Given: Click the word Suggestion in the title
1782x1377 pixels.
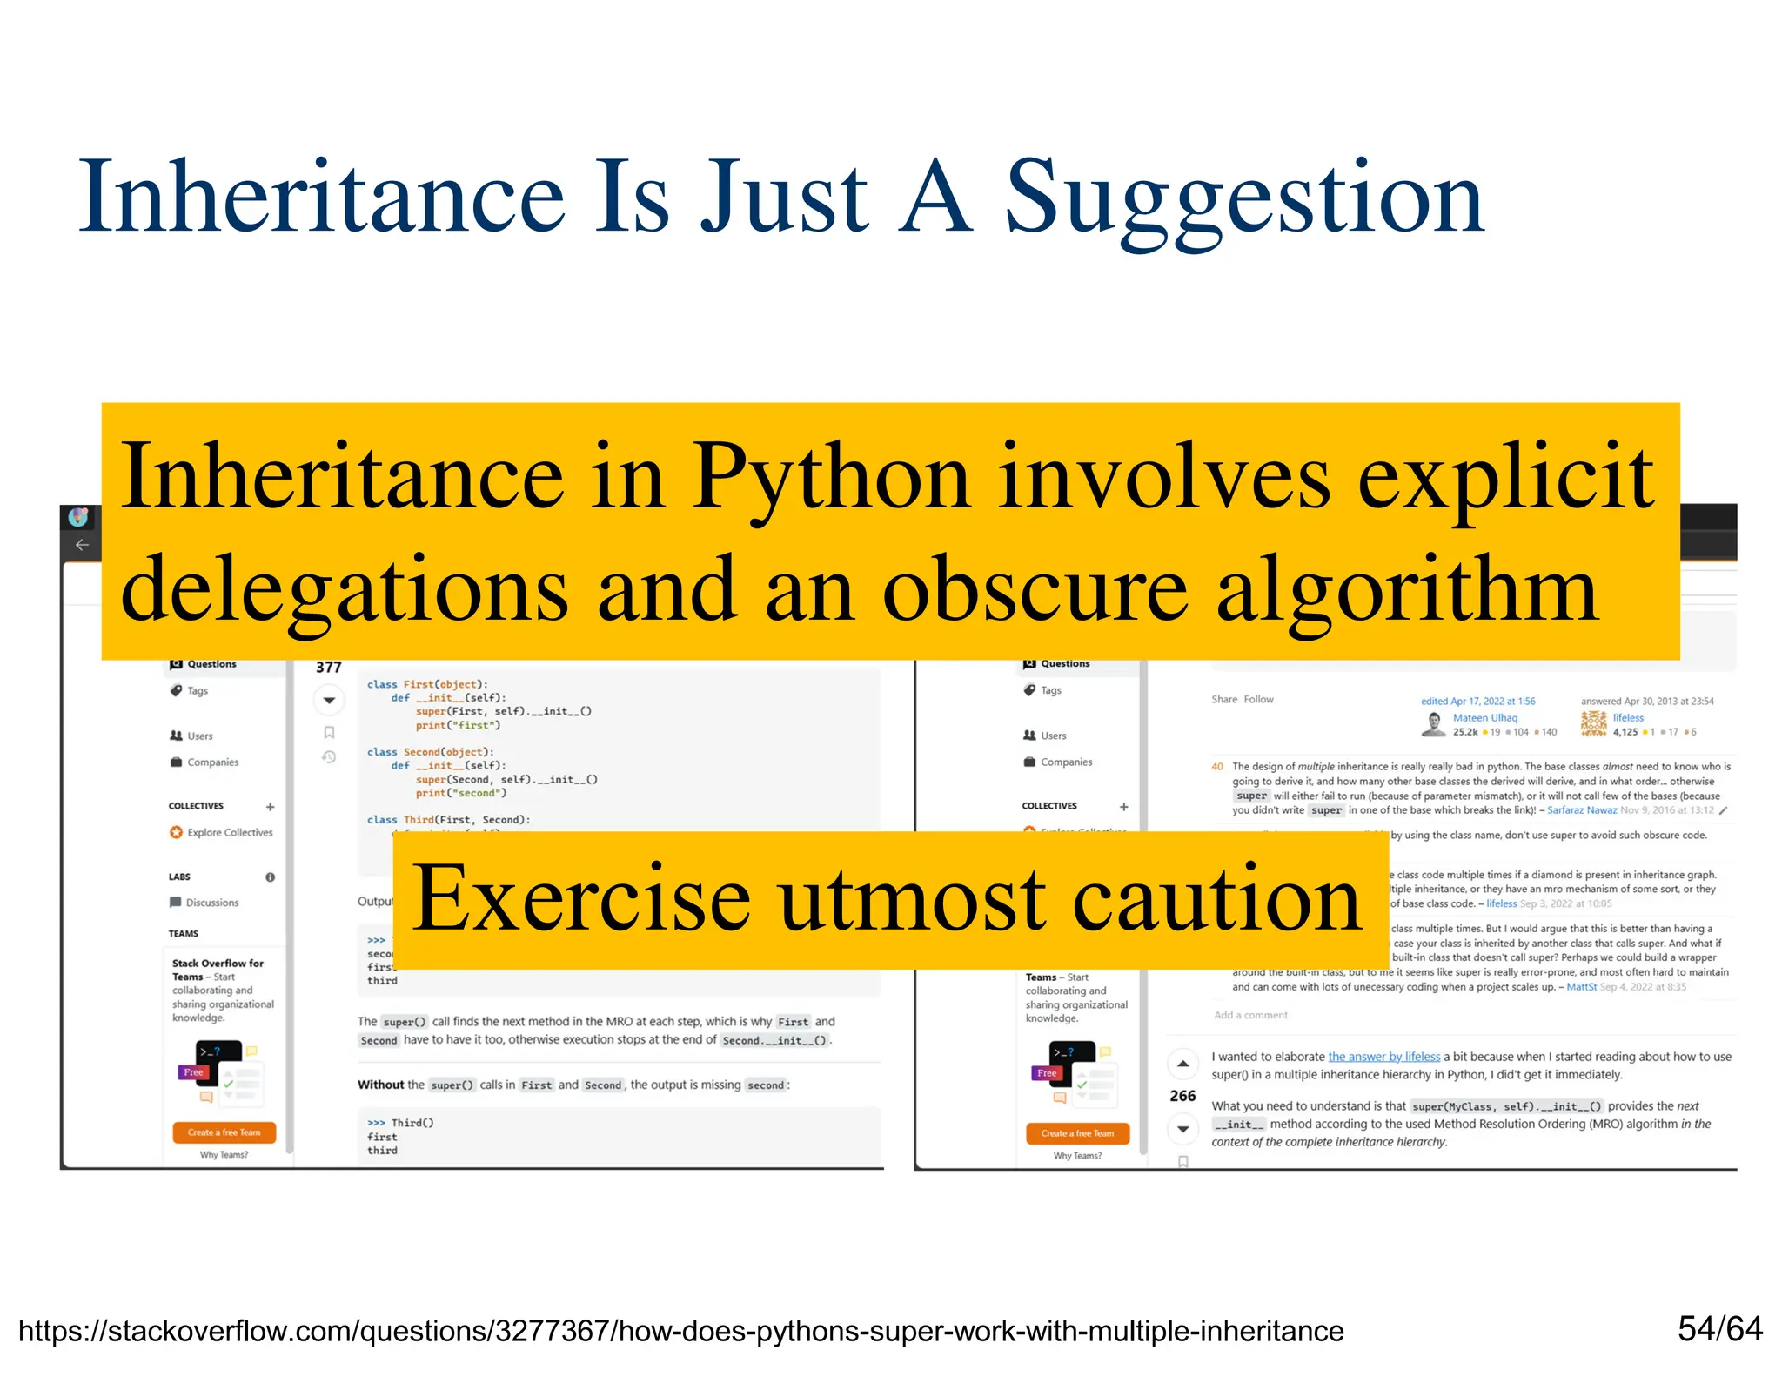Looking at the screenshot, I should click(1244, 198).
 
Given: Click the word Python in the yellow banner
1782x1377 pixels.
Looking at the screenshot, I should click(831, 477).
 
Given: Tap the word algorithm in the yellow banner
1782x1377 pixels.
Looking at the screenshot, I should click(1407, 590).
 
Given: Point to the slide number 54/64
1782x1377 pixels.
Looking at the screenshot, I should click(1719, 1328).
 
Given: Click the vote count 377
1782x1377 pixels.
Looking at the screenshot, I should click(328, 668).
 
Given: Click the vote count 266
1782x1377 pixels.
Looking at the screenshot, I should click(1182, 1096).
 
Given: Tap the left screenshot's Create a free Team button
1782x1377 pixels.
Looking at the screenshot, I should click(224, 1132).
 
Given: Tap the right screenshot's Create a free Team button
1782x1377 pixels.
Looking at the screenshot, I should click(1077, 1133).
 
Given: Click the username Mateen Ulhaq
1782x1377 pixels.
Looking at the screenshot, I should click(1484, 718).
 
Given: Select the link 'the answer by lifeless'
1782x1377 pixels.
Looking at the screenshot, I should click(1383, 1057).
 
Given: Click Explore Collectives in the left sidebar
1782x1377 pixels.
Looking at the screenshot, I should click(230, 833).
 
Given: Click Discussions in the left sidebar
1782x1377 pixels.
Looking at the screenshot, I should click(211, 903).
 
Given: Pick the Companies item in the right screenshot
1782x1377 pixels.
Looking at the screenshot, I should click(1066, 762).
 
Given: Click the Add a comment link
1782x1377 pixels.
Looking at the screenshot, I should click(1250, 1015).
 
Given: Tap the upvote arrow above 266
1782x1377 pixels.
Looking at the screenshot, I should click(1182, 1064).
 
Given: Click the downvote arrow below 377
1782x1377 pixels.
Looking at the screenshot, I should click(329, 700).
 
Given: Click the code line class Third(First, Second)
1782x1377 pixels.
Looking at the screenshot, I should click(448, 820).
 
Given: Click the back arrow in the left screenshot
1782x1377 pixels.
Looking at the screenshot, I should click(82, 545).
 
